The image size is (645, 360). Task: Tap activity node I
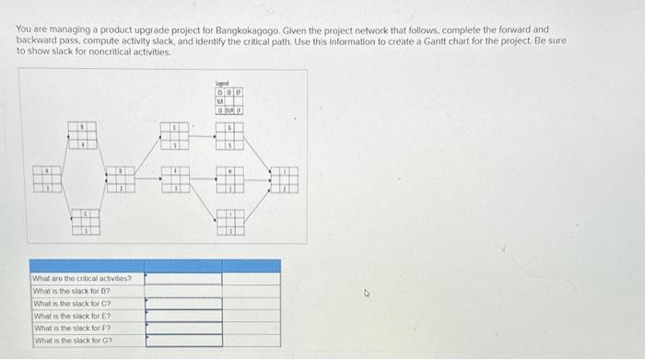pyautogui.click(x=230, y=220)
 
